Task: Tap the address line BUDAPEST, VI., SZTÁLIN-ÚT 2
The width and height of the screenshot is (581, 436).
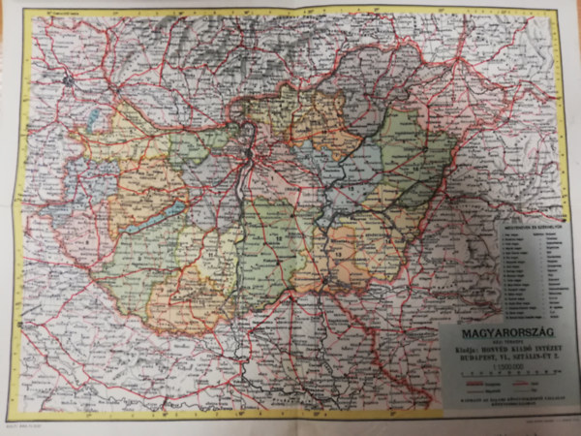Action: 498,362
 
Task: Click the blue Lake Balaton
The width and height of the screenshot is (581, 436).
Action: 158,215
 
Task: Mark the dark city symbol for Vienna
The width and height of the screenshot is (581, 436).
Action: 67,78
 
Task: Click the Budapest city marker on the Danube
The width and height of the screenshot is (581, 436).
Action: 252,153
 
